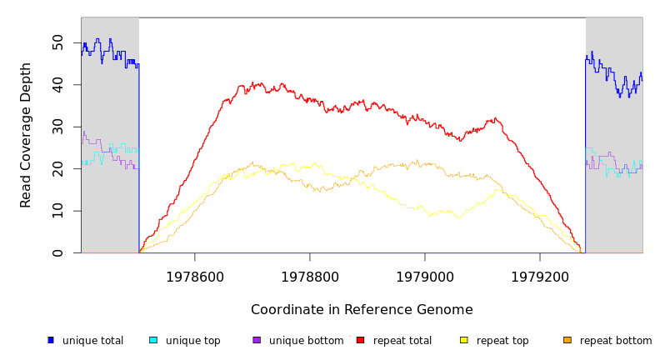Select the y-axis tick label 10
(57, 211)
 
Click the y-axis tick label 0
(57, 252)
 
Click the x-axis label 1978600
(195, 277)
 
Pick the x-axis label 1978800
(310, 277)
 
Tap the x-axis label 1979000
(425, 277)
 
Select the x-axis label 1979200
(540, 277)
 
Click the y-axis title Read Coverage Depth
(27, 135)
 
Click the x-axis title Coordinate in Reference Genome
(362, 310)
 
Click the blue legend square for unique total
(50, 340)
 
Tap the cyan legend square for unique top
(153, 340)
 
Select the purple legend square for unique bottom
(257, 340)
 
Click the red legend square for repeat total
(360, 340)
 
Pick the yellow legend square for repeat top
(463, 340)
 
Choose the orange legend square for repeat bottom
(567, 340)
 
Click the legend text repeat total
(402, 341)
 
